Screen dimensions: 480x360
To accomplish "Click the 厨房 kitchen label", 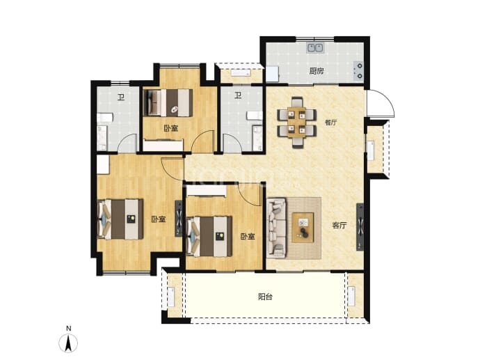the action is coord(317,72).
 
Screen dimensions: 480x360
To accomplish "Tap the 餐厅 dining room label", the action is coord(330,123).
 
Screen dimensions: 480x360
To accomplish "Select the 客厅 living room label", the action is coord(339,226).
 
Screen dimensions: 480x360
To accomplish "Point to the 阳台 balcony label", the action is coord(265,297).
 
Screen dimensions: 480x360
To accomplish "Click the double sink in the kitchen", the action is coord(315,48).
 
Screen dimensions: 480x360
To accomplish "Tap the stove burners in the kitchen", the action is coord(359,71).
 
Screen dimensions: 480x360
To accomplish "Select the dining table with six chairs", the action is coord(296,123).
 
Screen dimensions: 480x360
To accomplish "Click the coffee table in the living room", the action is coord(303,227).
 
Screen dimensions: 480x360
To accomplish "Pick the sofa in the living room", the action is coord(276,227).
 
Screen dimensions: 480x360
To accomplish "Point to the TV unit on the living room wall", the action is coord(360,227).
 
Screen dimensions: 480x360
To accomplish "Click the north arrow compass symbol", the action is coord(69,343).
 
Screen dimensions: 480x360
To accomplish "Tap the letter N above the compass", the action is coord(69,329).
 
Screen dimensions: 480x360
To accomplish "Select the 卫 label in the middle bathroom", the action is coord(238,96).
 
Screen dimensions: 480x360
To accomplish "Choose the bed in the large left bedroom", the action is coord(120,219).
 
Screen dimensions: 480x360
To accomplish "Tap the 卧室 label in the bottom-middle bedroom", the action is coord(248,237).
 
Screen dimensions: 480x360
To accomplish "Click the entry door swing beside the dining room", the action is coord(381,103).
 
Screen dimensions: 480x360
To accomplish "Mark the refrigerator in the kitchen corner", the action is coord(272,74).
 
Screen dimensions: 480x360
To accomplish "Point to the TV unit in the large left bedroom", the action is coord(179,219).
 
